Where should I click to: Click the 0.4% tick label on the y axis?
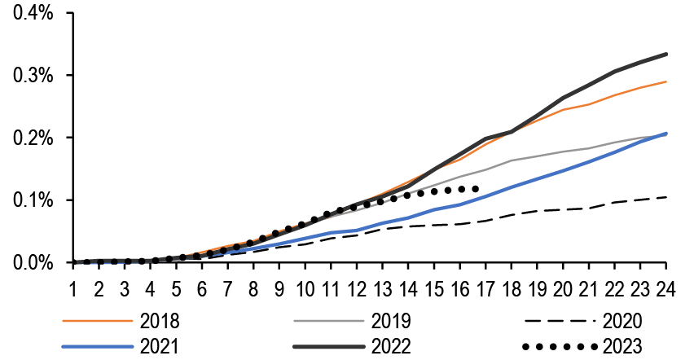click(x=33, y=13)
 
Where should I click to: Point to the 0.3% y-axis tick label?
click(x=33, y=76)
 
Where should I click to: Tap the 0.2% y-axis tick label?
click(x=33, y=138)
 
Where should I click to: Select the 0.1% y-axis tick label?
click(x=33, y=200)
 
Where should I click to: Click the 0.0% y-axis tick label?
click(x=33, y=262)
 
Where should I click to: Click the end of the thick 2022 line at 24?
click(x=667, y=55)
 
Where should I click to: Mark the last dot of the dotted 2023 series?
click(x=476, y=188)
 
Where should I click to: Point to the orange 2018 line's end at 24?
click(x=667, y=81)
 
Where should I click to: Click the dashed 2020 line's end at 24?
click(x=667, y=197)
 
